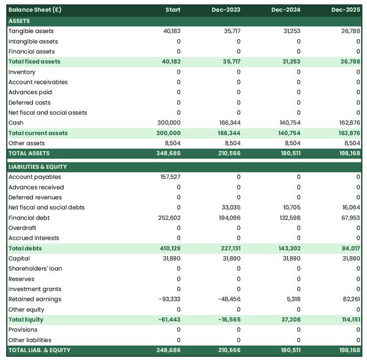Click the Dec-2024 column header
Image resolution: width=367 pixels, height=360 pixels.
pos(286,10)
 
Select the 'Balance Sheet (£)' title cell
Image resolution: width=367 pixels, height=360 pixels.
pos(35,10)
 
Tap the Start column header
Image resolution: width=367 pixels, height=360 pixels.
pos(173,10)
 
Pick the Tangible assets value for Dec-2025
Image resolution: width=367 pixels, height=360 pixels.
pos(349,31)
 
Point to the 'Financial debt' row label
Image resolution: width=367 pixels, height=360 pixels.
pos(29,218)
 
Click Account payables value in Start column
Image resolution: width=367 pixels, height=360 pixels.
pos(169,177)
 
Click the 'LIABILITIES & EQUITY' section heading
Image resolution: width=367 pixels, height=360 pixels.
pos(37,167)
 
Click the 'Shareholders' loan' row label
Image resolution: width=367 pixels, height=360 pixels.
pos(35,268)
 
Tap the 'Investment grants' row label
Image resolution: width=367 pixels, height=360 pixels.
pos(34,289)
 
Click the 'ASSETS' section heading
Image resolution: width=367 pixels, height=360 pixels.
pos(19,21)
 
